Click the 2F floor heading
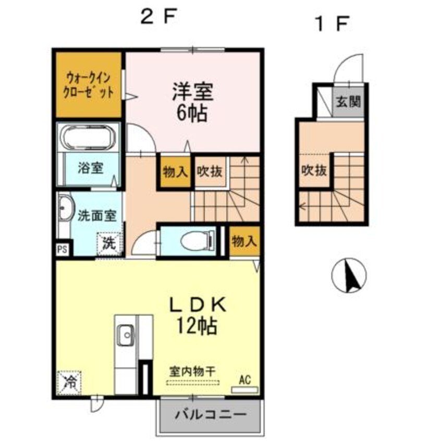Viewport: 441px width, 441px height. [x=156, y=18]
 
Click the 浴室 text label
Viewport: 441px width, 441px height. [x=91, y=168]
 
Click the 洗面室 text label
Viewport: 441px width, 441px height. [x=93, y=215]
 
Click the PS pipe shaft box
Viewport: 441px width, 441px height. [x=62, y=249]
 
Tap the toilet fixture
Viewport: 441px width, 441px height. [x=195, y=241]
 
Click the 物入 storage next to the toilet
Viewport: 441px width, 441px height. [x=244, y=241]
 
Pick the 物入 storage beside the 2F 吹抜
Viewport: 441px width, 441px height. [x=175, y=171]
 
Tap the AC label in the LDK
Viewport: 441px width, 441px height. [x=244, y=380]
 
